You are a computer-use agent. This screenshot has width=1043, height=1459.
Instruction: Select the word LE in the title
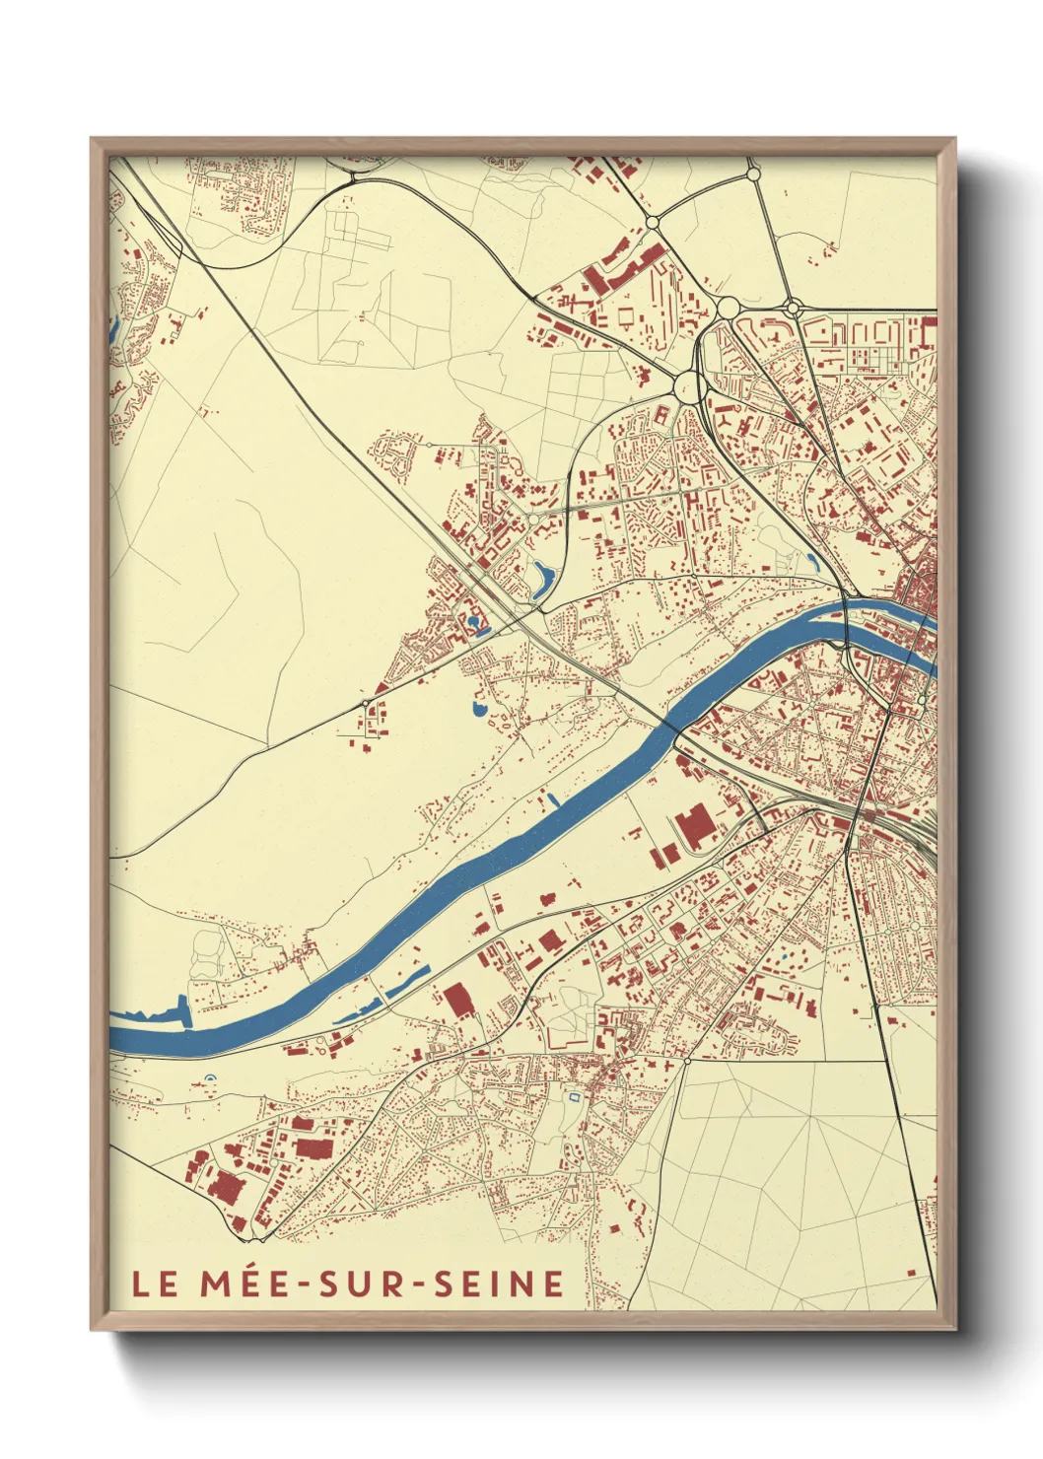click(155, 1284)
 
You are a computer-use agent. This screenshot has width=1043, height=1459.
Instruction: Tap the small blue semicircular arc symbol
click(208, 1080)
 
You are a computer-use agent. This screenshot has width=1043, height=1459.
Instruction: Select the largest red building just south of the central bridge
click(696, 826)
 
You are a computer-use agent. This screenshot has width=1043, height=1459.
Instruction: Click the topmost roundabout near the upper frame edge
click(753, 174)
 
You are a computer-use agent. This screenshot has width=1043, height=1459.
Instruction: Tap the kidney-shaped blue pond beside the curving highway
click(540, 580)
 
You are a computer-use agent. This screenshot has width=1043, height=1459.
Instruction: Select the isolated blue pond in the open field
click(480, 708)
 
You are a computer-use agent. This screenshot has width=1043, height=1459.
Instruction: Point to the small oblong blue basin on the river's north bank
click(553, 799)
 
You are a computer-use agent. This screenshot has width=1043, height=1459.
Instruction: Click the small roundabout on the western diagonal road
click(366, 703)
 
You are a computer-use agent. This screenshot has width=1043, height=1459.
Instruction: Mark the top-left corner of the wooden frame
click(92, 139)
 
